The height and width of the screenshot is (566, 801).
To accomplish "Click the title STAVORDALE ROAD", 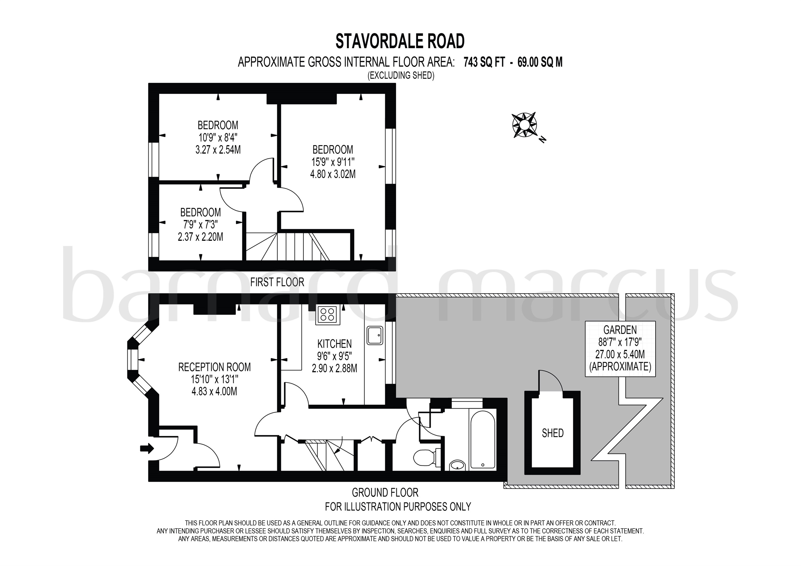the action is coord(400,41).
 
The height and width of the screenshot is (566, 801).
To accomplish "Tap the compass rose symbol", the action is coord(524,125).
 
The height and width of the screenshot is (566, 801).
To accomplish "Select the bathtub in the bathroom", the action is coord(482,439).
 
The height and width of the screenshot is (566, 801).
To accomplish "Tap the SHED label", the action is coord(553,433).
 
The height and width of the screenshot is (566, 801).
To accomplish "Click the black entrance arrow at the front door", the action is coord(147,448).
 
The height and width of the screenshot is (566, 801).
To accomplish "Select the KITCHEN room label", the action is coord(334,344).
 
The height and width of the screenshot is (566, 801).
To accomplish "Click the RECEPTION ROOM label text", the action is coord(214,367).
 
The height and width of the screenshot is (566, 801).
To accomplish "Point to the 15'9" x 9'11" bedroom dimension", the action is coord(333,162).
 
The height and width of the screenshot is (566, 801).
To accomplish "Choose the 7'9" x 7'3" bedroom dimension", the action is coord(200,225).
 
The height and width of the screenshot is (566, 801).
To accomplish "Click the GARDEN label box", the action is coord(620,349).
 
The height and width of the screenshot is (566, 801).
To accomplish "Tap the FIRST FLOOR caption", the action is coord(277,282).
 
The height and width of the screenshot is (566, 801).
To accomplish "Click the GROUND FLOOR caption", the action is coord(385,493).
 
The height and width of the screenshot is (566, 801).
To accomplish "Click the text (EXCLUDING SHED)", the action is coord(401,75).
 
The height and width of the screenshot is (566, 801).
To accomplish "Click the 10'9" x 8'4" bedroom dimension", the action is coord(218,137).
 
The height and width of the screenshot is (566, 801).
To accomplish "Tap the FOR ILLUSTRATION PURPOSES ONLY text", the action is coord(398,506).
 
